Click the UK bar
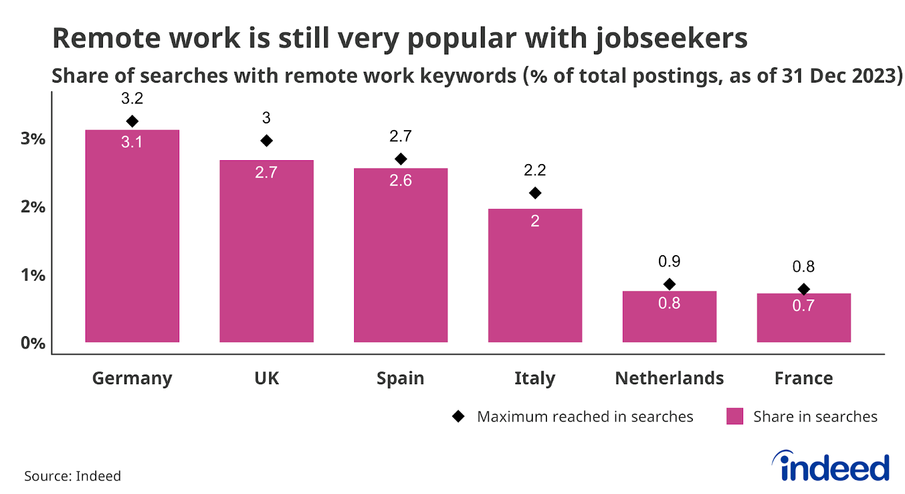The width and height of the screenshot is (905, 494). tap(266, 251)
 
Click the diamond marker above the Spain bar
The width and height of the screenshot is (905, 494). tap(400, 159)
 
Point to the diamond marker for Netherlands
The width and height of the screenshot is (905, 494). tap(669, 284)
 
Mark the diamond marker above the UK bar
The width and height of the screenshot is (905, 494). tap(266, 140)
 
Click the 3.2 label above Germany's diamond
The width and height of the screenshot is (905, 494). tap(132, 98)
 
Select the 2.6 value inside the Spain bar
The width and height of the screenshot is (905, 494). tap(400, 181)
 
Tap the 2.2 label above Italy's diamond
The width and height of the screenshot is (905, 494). tap(535, 170)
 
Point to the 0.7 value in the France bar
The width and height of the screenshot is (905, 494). tap(803, 306)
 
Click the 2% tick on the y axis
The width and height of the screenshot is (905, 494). tap(33, 207)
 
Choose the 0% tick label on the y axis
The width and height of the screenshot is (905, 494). tap(33, 343)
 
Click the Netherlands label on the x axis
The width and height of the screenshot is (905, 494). tap(669, 378)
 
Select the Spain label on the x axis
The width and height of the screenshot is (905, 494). tap(400, 378)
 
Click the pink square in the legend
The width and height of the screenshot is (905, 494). tap(734, 416)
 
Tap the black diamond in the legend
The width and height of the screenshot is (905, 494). tap(458, 416)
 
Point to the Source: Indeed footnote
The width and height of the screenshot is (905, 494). tap(72, 476)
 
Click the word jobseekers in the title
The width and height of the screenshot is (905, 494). tap(671, 38)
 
